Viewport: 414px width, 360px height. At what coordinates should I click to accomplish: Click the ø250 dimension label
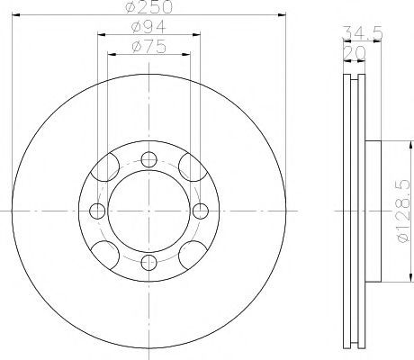pos(149,6)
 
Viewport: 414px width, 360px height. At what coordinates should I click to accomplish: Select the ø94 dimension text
pos(148,27)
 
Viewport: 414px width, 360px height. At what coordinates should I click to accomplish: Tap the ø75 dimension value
pos(148,47)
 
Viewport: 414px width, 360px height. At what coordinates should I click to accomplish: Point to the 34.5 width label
pos(363,32)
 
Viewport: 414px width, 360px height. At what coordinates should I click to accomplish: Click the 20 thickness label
pos(355,53)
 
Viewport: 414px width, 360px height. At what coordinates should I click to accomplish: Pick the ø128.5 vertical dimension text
pos(403,211)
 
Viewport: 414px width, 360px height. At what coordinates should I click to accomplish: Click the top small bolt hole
pos(149,159)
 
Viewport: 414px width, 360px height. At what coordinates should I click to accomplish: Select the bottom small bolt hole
pos(149,263)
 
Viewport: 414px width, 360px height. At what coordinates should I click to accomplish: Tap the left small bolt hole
pos(97,211)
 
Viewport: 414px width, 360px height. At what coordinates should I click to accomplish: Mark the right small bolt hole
pos(201,211)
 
